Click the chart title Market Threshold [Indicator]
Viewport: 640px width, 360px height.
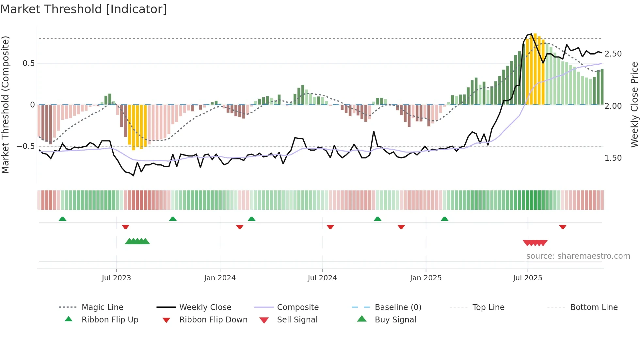(84, 9)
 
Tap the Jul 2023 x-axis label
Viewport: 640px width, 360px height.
(116, 278)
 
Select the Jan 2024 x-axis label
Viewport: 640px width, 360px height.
(220, 278)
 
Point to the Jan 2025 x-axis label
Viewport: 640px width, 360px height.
(426, 278)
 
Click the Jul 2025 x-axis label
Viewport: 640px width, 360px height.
(528, 278)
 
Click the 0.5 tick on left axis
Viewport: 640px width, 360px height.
(28, 63)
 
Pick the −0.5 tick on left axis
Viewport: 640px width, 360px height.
(26, 146)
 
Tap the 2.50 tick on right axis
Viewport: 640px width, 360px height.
(613, 54)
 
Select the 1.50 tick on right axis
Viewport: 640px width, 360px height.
(613, 158)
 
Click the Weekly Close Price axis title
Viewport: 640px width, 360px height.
(634, 105)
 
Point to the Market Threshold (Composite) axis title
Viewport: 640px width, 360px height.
(6, 105)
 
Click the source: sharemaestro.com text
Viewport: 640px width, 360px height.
(578, 256)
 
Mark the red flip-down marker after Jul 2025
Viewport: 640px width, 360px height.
(562, 227)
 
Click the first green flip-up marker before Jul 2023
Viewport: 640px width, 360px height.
(62, 219)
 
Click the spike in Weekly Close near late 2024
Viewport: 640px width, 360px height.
(374, 132)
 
